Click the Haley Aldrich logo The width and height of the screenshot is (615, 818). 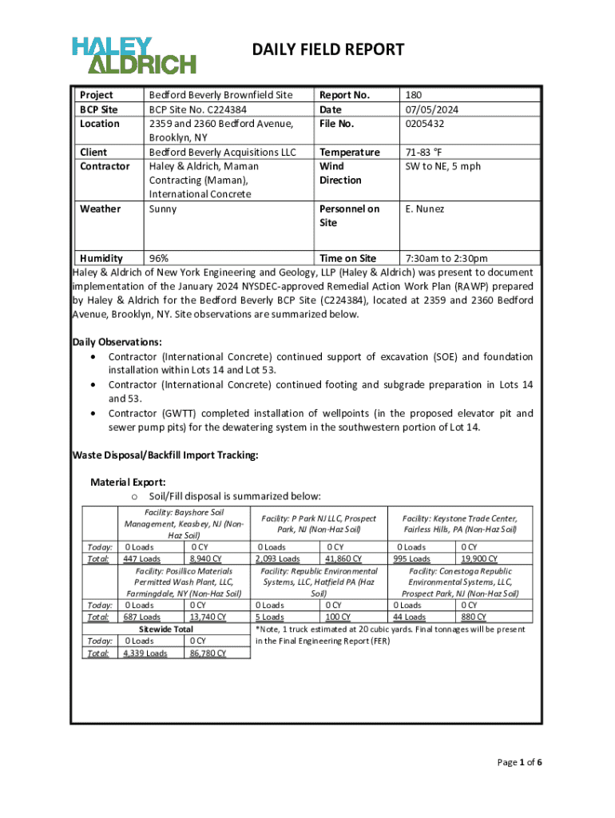coord(134,54)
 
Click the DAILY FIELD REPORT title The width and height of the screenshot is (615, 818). coord(328,50)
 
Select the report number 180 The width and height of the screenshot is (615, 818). coord(415,95)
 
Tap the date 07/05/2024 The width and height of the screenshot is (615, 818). coord(431,109)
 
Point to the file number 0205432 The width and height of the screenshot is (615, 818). coord(424,124)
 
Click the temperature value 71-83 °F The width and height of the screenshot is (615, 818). coord(430,152)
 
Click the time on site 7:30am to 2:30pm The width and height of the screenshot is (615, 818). coord(446,258)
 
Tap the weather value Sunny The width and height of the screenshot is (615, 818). coord(163,209)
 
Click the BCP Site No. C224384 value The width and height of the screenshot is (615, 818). coord(197,109)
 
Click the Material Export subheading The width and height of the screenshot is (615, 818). coord(128,482)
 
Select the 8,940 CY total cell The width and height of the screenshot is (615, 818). coord(207,559)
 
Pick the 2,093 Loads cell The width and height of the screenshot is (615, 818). coord(278,559)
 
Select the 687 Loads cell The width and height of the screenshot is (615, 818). coord(142,617)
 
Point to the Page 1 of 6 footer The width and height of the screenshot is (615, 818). coord(520,762)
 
